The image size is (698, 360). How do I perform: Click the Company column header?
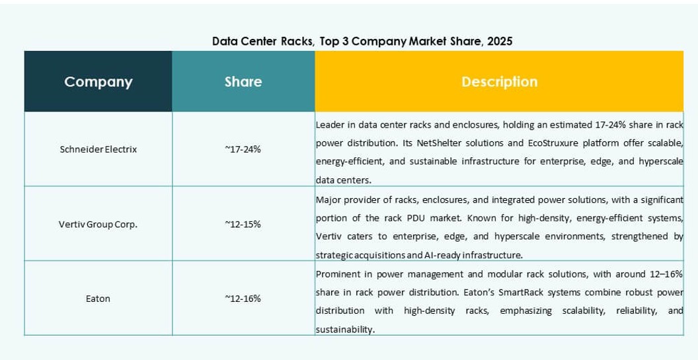click(98, 82)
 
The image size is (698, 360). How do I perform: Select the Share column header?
click(243, 82)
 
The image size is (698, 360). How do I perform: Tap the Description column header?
click(499, 82)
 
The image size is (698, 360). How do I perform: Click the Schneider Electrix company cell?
click(98, 149)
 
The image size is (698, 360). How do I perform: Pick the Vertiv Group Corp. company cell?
click(98, 224)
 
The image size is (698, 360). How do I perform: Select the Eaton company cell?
click(98, 299)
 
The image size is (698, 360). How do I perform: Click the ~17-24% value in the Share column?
click(243, 149)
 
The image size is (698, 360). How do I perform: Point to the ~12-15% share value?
click(243, 224)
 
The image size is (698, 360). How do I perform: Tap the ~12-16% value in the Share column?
click(243, 299)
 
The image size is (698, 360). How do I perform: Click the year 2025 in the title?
click(500, 41)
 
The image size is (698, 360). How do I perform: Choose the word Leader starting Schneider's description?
click(330, 124)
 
